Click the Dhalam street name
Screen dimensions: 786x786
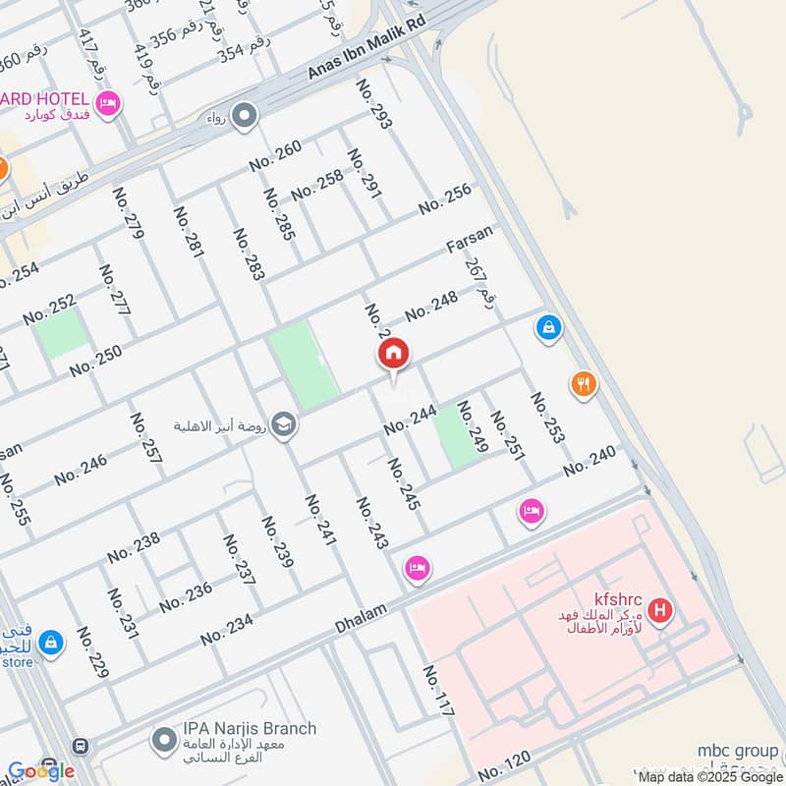pos(362,613)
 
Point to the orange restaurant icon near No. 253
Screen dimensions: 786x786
pos(584,384)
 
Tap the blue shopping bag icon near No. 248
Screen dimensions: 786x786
pos(549,326)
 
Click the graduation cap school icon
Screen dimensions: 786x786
pos(284,424)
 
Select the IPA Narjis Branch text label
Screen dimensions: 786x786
pos(250,728)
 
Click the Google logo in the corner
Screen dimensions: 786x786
pos(40,770)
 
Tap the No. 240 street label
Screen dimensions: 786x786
pos(589,462)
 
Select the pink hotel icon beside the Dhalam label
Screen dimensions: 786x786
pos(418,569)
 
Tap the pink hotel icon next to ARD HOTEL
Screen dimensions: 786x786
pos(108,101)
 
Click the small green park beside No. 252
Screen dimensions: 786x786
pos(62,334)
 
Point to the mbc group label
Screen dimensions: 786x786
pos(737,752)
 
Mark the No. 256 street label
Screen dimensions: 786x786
pos(445,199)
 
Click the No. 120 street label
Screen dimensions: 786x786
pos(505,765)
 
